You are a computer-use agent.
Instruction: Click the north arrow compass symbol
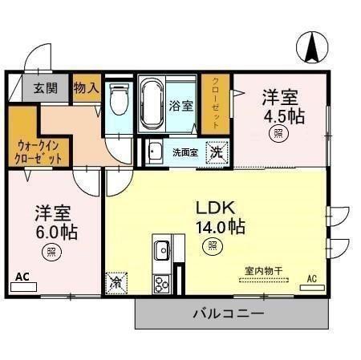(311, 46)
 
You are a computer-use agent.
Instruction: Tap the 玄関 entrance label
(45, 88)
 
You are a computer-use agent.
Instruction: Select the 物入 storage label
(86, 87)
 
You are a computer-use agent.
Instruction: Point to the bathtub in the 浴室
(151, 103)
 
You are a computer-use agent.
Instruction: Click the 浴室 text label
(180, 105)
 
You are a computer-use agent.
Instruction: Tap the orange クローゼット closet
(216, 103)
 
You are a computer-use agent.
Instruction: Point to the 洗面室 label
(185, 152)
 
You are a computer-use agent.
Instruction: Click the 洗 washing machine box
(216, 152)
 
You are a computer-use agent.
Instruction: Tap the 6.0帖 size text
(55, 233)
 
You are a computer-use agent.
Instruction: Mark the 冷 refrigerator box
(116, 282)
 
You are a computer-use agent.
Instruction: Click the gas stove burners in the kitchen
(160, 281)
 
